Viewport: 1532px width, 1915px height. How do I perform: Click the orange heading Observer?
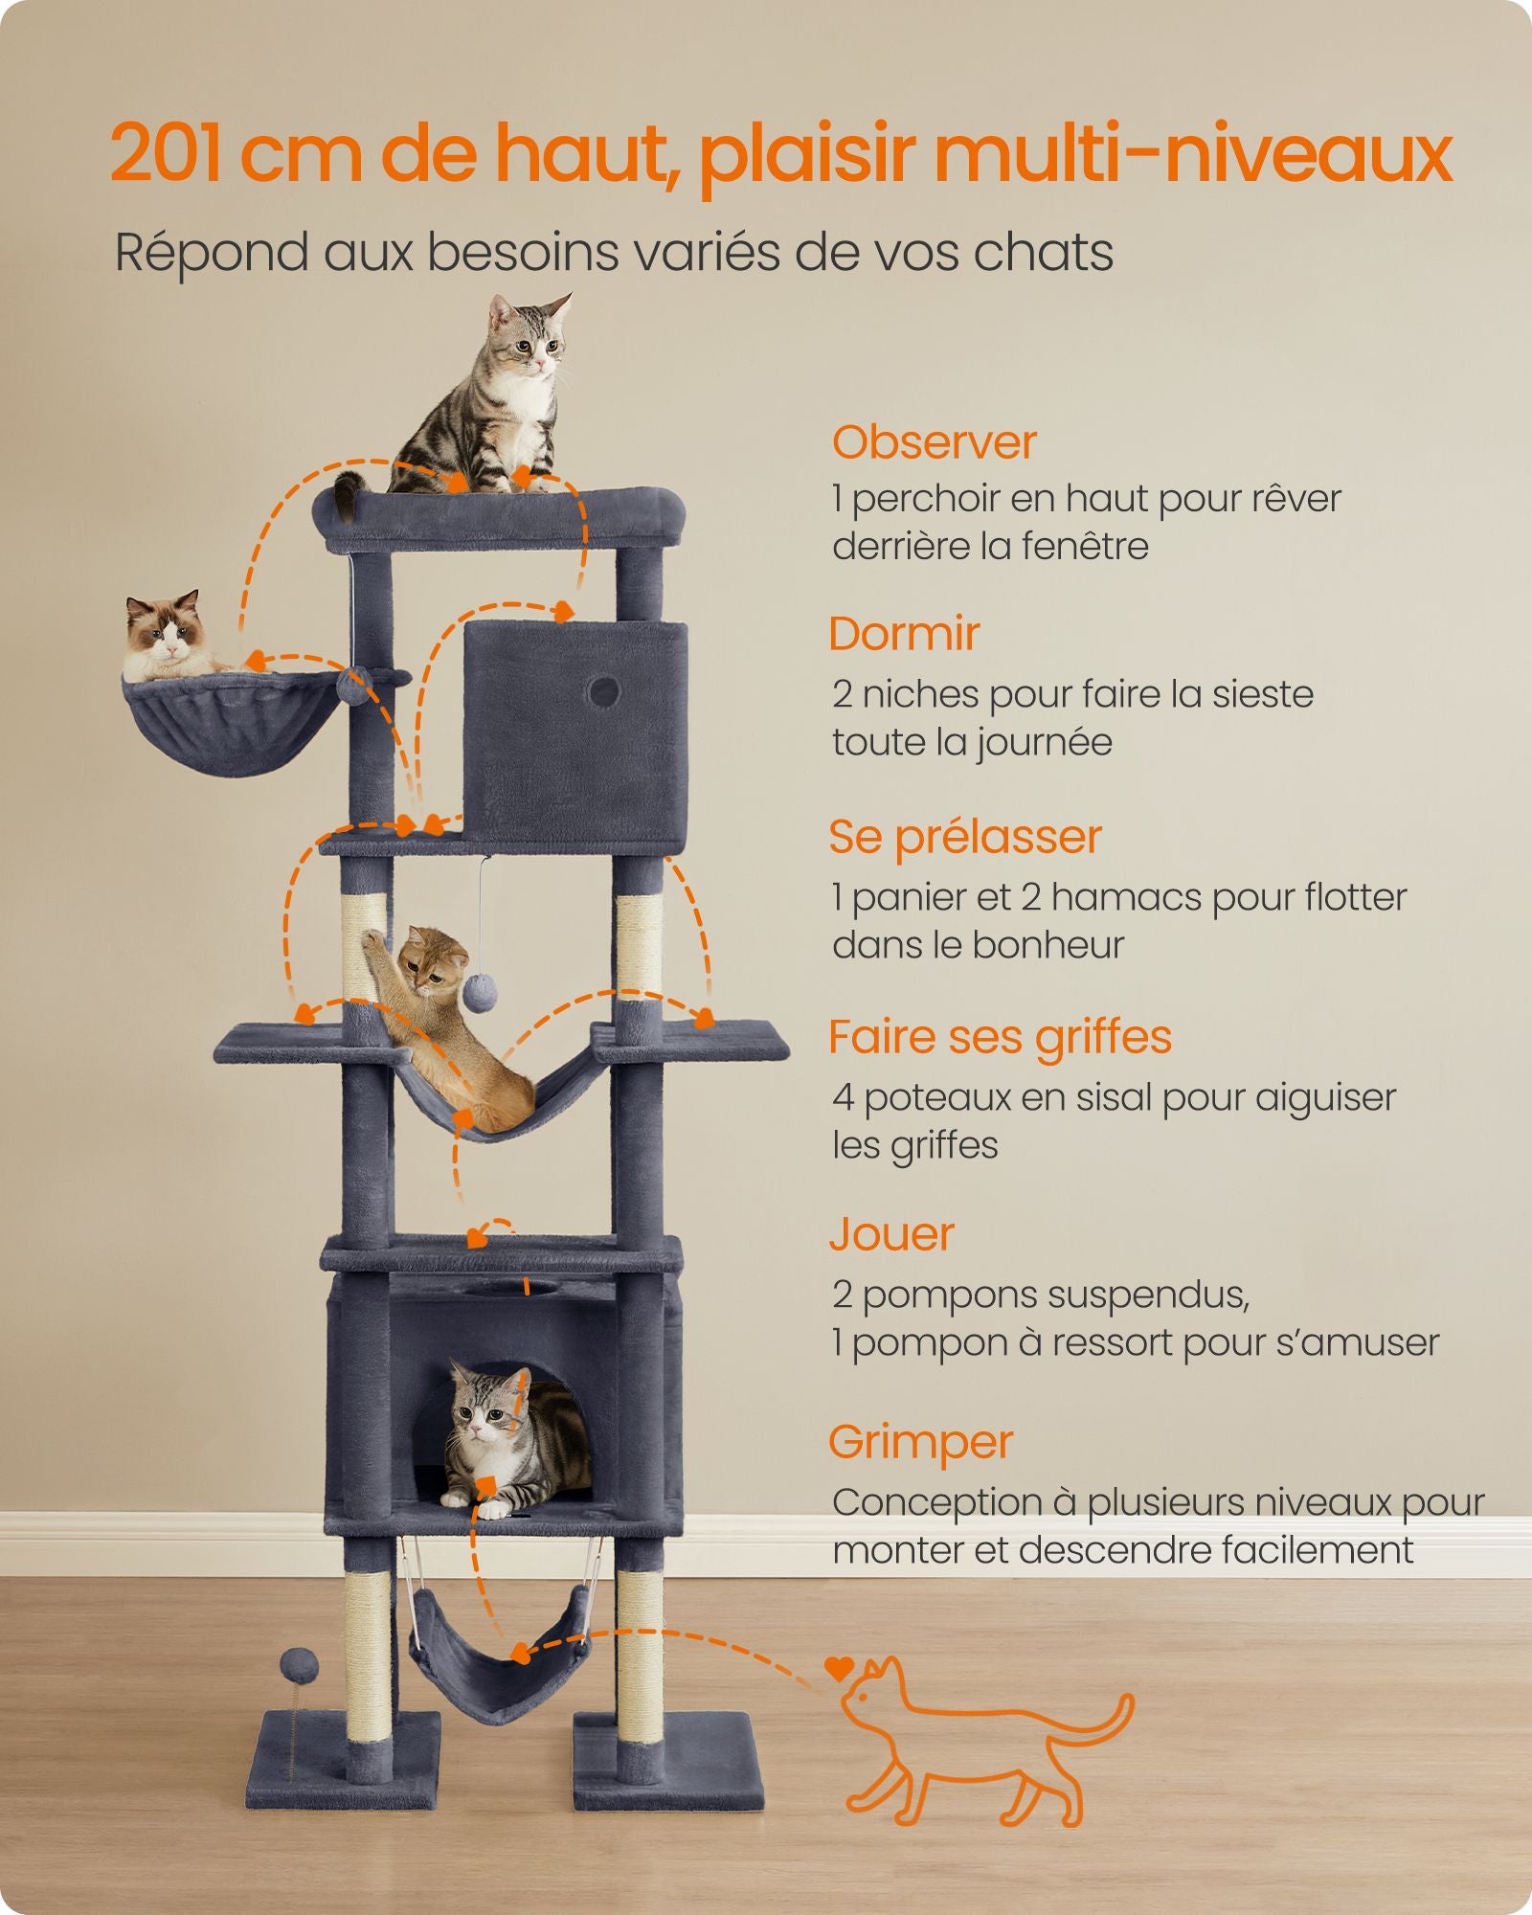[934, 442]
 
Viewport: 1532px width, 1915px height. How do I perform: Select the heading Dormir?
[904, 634]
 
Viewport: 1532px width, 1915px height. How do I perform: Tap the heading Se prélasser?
[965, 838]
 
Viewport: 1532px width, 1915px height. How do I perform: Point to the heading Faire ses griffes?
[1000, 1039]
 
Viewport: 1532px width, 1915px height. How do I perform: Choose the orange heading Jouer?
[891, 1234]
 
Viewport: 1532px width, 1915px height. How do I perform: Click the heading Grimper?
[921, 1443]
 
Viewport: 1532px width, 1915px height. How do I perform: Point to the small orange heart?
[839, 1668]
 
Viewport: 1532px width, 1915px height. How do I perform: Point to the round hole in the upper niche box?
[603, 691]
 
